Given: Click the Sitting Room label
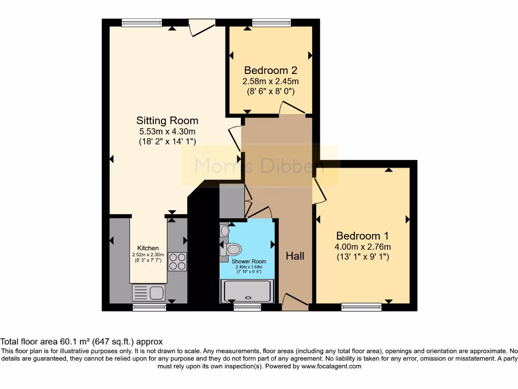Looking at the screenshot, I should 167,121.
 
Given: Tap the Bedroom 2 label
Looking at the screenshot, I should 270,70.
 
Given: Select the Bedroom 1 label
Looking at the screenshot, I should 363,236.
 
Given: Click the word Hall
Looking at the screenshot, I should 295,256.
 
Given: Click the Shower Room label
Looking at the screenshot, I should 249,261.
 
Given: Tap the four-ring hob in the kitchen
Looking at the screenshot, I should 178,261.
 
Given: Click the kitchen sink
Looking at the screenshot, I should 148,293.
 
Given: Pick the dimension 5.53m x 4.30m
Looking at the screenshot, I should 167,131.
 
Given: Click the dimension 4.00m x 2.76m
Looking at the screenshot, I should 363,247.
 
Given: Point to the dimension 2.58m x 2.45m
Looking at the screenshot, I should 270,81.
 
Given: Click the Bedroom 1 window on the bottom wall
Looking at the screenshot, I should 361,306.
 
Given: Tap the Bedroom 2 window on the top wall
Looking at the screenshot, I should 272,22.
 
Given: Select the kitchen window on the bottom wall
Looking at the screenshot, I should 149,306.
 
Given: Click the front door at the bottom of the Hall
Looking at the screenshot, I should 295,302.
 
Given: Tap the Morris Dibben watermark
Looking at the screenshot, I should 260,165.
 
